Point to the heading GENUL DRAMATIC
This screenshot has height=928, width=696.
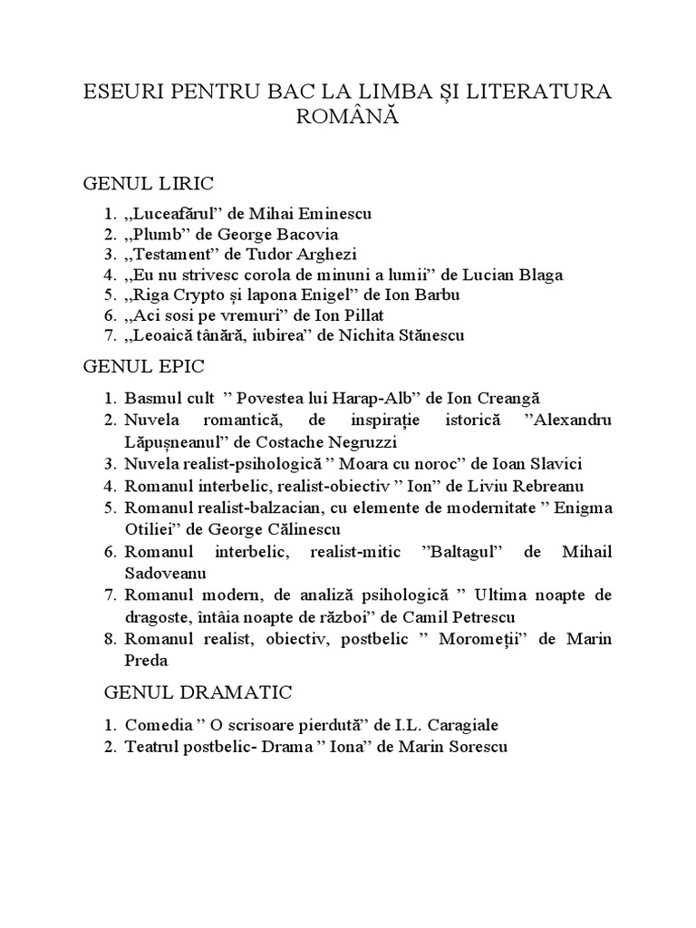click(x=198, y=693)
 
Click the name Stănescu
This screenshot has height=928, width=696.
click(x=426, y=335)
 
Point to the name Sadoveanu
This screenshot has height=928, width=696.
click(x=166, y=573)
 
